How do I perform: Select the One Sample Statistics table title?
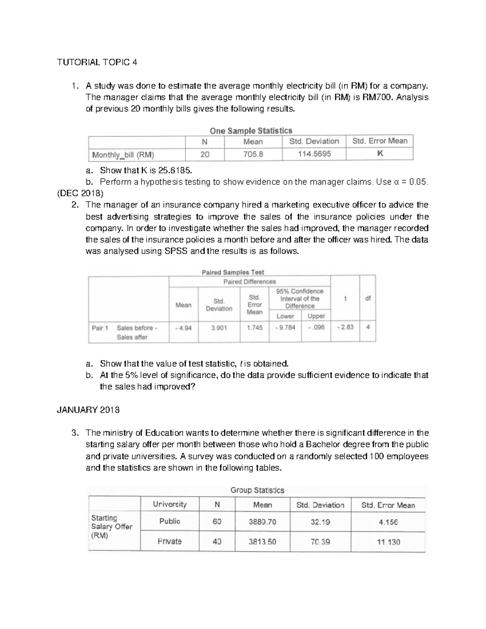pyautogui.click(x=251, y=131)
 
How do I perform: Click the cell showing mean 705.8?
pyautogui.click(x=253, y=154)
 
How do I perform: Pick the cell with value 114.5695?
pyautogui.click(x=314, y=154)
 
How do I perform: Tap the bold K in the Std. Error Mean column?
pyautogui.click(x=379, y=154)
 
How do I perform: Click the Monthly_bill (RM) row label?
pyautogui.click(x=123, y=155)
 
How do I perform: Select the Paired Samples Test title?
pyautogui.click(x=232, y=272)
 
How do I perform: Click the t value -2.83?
pyautogui.click(x=345, y=327)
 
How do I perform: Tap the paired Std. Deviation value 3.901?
pyautogui.click(x=219, y=328)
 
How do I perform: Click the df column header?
pyautogui.click(x=368, y=299)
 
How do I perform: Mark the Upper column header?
pyautogui.click(x=316, y=316)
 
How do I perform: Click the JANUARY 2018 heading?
pyautogui.click(x=88, y=410)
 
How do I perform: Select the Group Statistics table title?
pyautogui.click(x=257, y=490)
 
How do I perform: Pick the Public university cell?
pyautogui.click(x=170, y=522)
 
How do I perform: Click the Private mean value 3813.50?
pyautogui.click(x=262, y=542)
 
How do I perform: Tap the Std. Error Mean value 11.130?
pyautogui.click(x=388, y=542)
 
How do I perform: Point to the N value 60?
pyautogui.click(x=217, y=522)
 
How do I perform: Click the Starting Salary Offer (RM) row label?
pyautogui.click(x=112, y=527)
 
